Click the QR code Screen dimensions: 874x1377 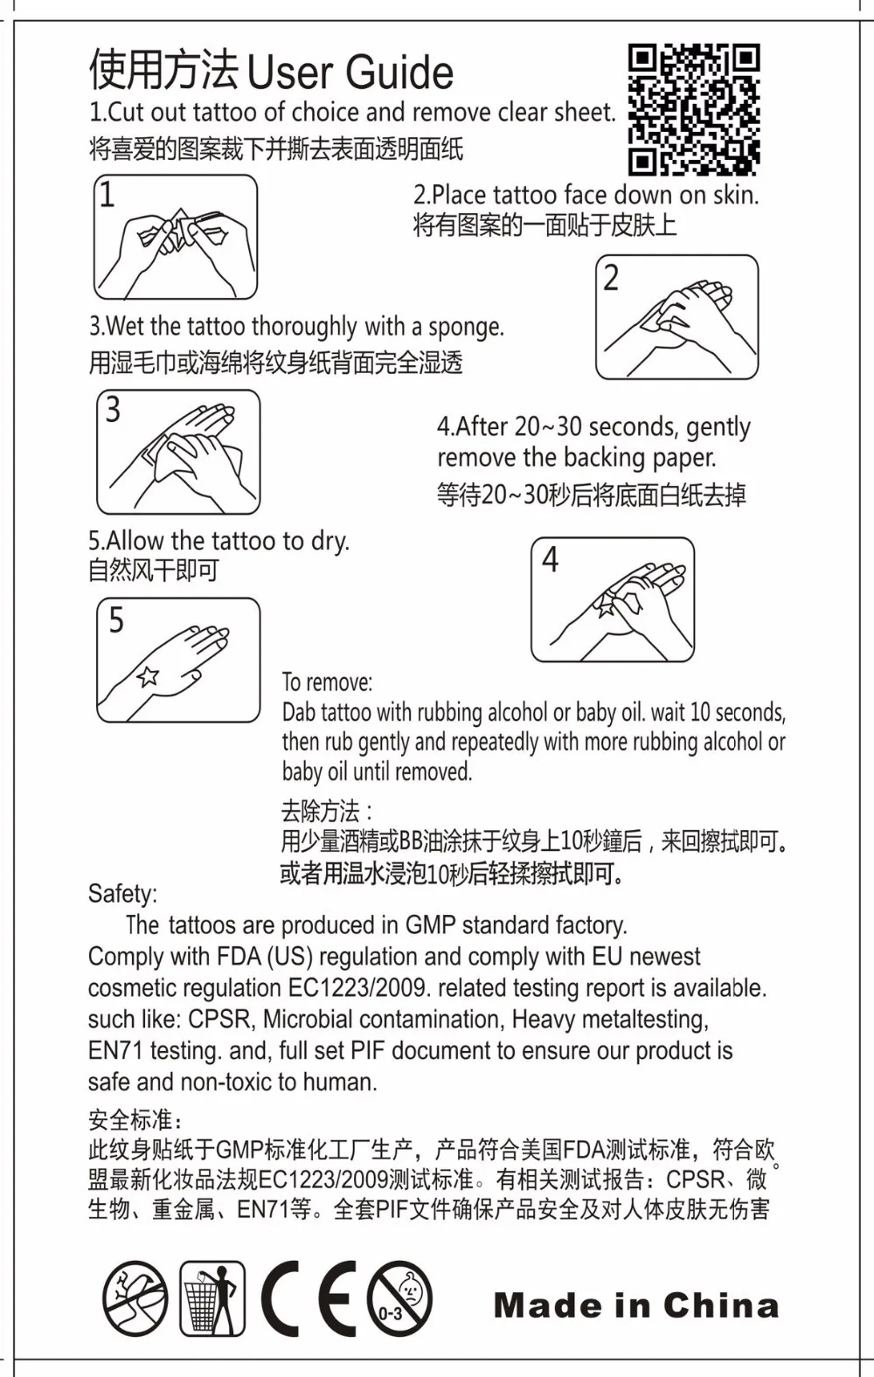click(x=694, y=109)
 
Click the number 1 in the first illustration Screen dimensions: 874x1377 click(x=107, y=195)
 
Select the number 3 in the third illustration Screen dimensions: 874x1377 click(x=113, y=410)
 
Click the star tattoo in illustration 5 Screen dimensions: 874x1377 click(x=148, y=676)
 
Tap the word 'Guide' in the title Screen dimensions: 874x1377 click(x=399, y=73)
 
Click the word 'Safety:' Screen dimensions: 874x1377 click(x=122, y=894)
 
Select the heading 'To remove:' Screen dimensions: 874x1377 click(x=327, y=682)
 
